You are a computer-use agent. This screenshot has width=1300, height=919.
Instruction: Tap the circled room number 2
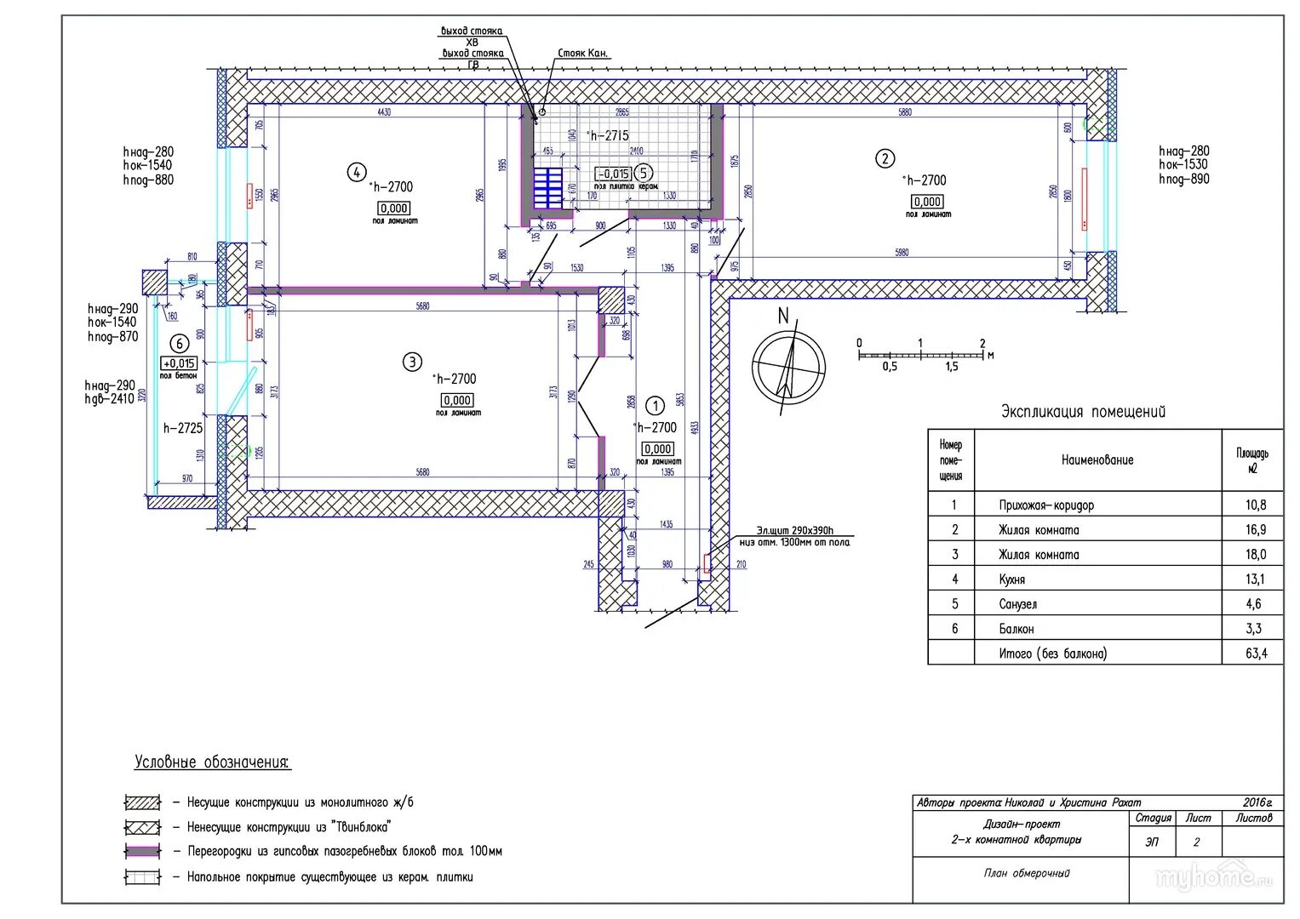885,158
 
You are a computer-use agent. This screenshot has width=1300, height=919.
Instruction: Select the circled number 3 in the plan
412,362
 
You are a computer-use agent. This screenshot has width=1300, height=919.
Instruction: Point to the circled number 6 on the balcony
179,344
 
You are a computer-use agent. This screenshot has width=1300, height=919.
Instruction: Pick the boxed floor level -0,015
613,174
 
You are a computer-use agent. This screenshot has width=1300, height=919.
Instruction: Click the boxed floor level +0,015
179,363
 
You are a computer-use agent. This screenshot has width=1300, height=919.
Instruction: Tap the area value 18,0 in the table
1256,554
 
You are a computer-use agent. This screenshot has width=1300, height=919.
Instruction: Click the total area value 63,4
1256,654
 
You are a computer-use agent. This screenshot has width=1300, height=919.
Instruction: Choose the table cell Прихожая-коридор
1046,505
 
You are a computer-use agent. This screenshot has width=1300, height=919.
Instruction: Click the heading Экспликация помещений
1083,412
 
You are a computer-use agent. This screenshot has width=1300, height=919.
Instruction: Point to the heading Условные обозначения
212,762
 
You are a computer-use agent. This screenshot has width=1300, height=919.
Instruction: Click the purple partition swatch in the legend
142,851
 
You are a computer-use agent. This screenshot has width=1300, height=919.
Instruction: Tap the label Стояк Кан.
583,53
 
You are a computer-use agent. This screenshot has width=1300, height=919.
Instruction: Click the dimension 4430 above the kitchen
383,112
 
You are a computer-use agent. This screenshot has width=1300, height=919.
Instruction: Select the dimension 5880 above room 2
904,112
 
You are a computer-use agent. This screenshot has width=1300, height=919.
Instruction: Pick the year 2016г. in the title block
1257,802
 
